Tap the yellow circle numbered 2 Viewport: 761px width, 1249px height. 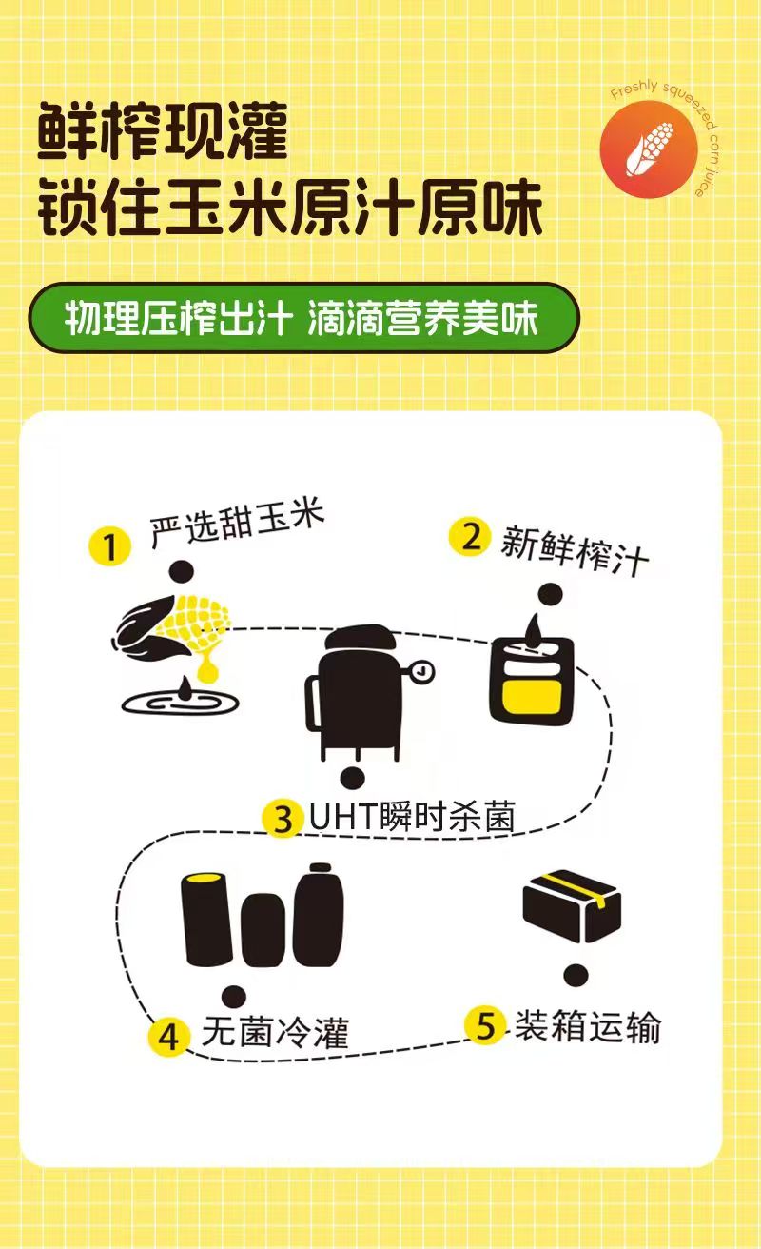point(470,537)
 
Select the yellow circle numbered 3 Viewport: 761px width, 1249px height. point(283,820)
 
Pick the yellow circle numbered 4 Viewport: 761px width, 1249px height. point(168,1037)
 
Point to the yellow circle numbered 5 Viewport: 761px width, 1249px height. point(485,1026)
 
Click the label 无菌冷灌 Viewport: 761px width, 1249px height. point(275,1033)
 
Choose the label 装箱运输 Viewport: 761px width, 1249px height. point(587,1027)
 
